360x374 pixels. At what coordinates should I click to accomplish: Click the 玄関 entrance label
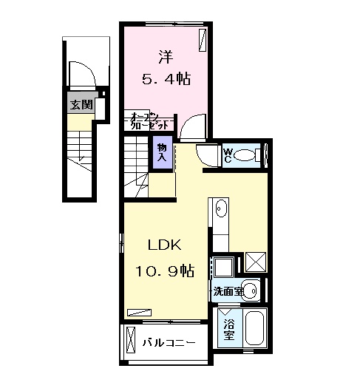pos(81,105)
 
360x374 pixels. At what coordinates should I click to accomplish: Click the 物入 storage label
pos(162,153)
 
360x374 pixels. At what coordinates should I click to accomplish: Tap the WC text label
pos(229,155)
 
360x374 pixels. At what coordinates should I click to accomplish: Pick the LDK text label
pos(163,246)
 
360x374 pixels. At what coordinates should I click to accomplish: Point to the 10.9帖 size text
pos(163,271)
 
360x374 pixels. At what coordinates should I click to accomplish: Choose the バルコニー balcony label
pos(169,343)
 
